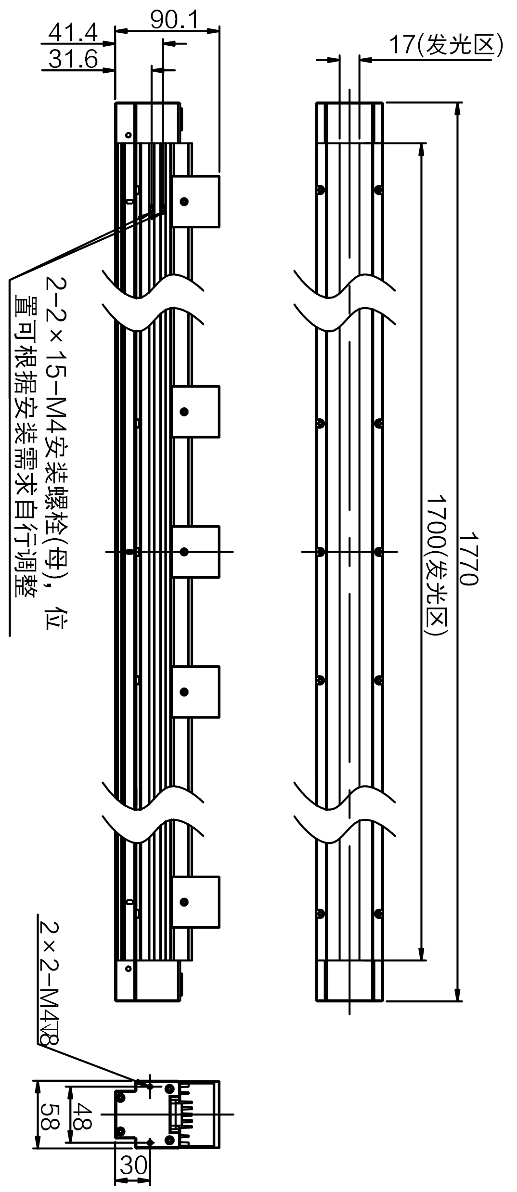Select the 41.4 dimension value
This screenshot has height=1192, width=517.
73,33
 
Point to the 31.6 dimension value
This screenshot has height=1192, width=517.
73,60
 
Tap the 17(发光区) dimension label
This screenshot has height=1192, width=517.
446,45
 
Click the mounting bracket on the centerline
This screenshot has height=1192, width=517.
195,552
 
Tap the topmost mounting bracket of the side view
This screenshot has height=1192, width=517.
195,201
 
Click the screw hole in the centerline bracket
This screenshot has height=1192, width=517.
184,552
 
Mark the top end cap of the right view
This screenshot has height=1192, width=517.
349,122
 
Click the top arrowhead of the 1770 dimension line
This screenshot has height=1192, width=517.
457,110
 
